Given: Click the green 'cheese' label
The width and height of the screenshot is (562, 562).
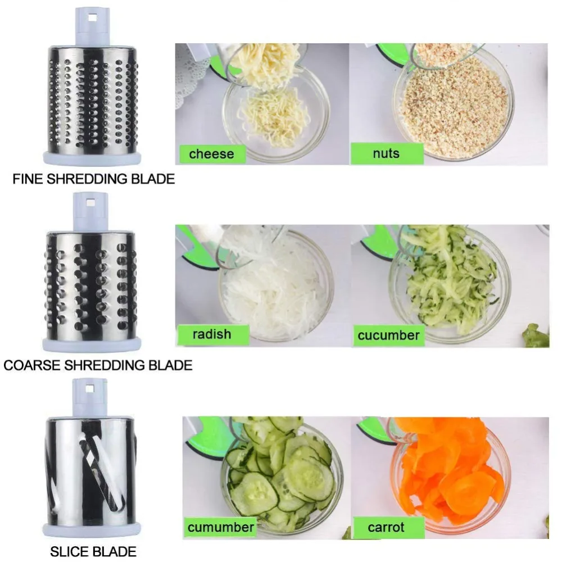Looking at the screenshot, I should coord(211,153).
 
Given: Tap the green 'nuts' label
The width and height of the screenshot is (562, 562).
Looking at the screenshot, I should coord(386,153).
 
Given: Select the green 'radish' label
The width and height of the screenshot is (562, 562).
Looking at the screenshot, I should coord(211,334).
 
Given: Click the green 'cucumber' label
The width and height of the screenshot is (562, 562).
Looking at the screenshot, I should coord(388,336).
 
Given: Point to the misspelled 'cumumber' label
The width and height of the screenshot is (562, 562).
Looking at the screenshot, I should coord(221,527).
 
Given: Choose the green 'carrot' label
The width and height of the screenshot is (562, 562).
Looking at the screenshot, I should coord(387,527).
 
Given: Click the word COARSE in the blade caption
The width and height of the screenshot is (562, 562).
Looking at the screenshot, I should coord(31,365).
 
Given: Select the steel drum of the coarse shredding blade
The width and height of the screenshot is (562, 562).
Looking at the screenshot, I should coord(90,281).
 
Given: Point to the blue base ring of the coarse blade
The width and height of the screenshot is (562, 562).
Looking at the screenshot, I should coord(90,343).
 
